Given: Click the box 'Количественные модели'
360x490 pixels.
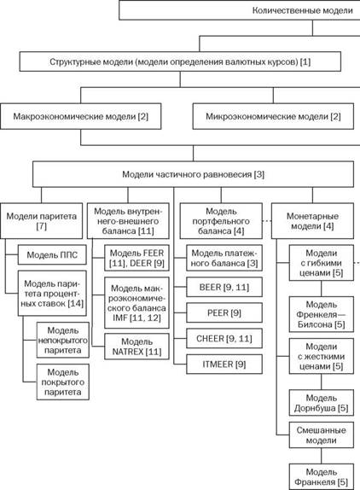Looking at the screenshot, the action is pyautogui.click(x=240, y=10).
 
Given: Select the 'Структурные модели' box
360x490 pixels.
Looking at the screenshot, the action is pyautogui.click(x=180, y=61).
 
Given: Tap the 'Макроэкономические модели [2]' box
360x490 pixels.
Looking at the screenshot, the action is pyautogui.click(x=80, y=116).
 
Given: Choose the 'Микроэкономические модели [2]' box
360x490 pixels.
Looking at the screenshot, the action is pyautogui.click(x=273, y=116).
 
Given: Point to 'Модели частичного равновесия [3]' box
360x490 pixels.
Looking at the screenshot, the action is pyautogui.click(x=194, y=174).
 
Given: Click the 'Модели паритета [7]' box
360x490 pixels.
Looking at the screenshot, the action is pyautogui.click(x=41, y=221).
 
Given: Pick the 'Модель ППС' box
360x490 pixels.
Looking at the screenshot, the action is pyautogui.click(x=52, y=255).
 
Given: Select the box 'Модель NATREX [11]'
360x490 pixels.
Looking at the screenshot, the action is pyautogui.click(x=136, y=347).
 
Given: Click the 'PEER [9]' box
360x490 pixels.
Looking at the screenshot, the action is pyautogui.click(x=224, y=312).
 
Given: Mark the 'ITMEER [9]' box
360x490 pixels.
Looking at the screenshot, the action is pyautogui.click(x=224, y=364).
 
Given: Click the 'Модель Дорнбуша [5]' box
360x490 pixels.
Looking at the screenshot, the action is pyautogui.click(x=322, y=403).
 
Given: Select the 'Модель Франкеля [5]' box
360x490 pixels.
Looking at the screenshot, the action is pyautogui.click(x=322, y=476).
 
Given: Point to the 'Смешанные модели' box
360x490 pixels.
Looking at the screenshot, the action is pyautogui.click(x=322, y=435).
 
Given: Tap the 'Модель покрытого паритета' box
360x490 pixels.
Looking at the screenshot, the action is pyautogui.click(x=63, y=382).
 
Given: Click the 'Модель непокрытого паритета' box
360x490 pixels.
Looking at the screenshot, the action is pyautogui.click(x=63, y=340).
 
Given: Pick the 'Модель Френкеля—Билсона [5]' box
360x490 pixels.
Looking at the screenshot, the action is pyautogui.click(x=322, y=314).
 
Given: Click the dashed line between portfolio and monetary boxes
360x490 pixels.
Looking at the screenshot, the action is pyautogui.click(x=267, y=221).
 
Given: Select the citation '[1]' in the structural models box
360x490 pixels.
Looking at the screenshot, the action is pyautogui.click(x=305, y=61).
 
